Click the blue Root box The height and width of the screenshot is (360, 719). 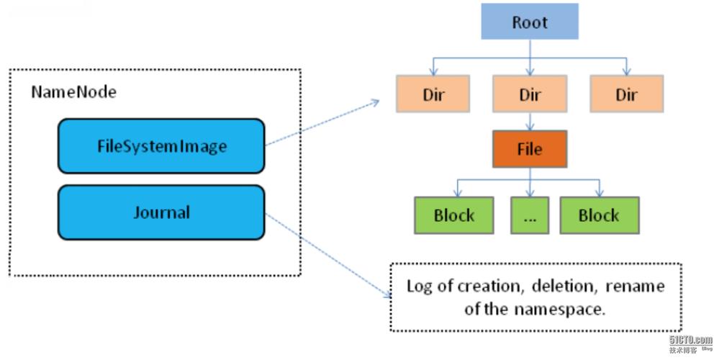pos(530,22)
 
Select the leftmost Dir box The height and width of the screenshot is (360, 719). pos(433,94)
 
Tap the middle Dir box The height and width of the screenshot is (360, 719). pos(530,94)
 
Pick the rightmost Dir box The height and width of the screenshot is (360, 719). pos(626,94)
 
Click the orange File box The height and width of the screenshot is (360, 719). pos(530,149)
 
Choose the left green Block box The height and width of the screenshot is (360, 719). pos(454,215)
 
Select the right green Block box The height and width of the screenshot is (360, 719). pos(599,215)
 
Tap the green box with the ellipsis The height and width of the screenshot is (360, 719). pos(530,215)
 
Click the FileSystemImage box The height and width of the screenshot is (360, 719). pos(161,146)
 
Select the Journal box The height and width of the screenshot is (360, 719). pos(161,212)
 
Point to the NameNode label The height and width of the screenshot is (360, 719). pos(73,92)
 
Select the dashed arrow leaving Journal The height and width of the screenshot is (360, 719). pos(324,253)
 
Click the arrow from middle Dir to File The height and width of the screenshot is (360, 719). pos(530,120)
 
